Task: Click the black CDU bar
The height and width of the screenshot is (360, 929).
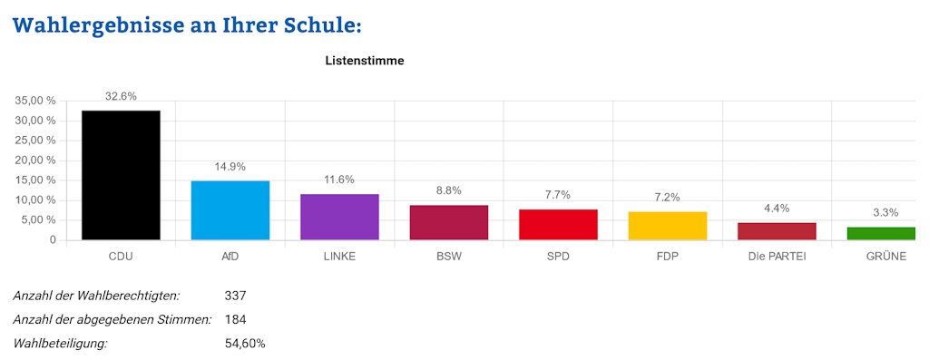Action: coord(121,175)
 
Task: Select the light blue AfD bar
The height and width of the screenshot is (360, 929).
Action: coord(230,210)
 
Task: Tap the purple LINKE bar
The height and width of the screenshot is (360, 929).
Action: coord(339,217)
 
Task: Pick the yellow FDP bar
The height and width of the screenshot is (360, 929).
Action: coord(668,226)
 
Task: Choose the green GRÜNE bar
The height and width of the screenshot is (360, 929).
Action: coord(886,233)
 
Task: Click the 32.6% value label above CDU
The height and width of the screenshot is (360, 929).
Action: coord(121,96)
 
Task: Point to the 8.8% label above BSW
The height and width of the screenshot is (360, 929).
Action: coord(448,191)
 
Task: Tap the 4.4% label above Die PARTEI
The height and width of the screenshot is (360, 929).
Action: coord(777,209)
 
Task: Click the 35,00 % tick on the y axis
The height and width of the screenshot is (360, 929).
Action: coord(36,101)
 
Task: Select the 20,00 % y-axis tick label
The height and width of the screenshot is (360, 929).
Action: coord(36,161)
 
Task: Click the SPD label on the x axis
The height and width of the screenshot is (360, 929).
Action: coord(558,257)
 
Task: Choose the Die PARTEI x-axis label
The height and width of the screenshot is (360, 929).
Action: coord(777,257)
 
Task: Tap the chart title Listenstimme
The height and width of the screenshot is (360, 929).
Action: coord(364,61)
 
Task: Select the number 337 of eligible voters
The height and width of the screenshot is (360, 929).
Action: coord(235,296)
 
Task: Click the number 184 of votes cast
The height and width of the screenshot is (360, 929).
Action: coord(235,319)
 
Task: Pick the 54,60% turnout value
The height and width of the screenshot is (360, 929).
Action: coord(245,344)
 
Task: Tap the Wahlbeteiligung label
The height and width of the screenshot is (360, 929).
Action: coord(60,344)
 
